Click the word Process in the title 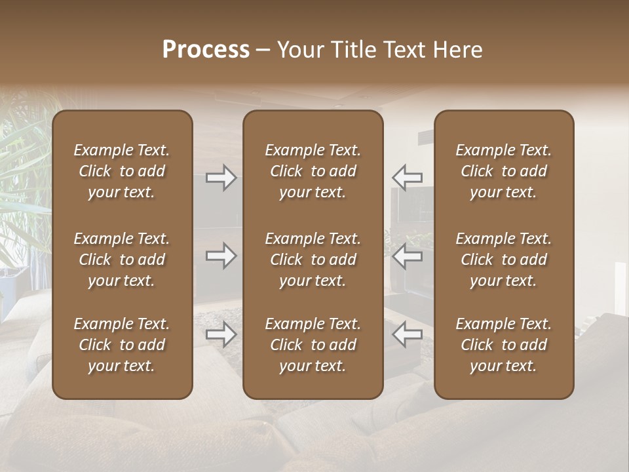tap(206, 50)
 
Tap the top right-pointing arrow tap(221, 178)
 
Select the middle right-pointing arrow tap(221, 256)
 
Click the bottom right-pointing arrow tap(221, 334)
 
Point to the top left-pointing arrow tap(408, 178)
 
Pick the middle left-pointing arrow tap(408, 256)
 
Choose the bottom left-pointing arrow tap(408, 334)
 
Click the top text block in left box tap(122, 171)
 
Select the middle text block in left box tap(122, 260)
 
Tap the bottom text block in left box tap(122, 345)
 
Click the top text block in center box tap(313, 171)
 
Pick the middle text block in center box tap(313, 260)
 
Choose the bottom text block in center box tap(313, 345)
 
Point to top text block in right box tap(503, 171)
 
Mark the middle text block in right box tap(503, 260)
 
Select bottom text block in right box tap(503, 345)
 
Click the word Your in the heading tap(301, 50)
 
